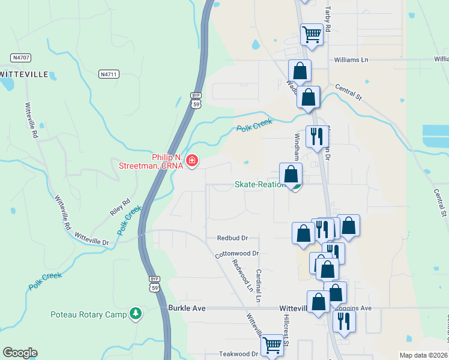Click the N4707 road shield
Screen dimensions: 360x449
tap(21, 58)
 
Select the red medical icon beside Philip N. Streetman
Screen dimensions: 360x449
tap(192, 160)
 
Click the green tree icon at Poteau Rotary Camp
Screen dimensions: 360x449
tap(136, 314)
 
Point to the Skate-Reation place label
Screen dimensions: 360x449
tap(259, 184)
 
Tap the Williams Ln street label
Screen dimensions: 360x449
tap(351, 60)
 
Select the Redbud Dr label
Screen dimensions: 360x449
tap(232, 238)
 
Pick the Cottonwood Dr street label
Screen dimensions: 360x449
tap(237, 254)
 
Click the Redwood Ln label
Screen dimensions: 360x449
tap(243, 276)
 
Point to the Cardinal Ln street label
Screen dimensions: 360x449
tap(259, 285)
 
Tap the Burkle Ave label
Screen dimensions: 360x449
tap(187, 308)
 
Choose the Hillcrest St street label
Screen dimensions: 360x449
tap(287, 331)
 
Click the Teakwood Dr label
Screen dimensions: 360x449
tap(238, 354)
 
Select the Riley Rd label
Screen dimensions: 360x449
tap(120, 206)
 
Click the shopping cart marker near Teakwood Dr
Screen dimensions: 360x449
tap(273, 346)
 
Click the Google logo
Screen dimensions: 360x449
tap(20, 353)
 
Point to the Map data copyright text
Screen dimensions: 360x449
tap(423, 355)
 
